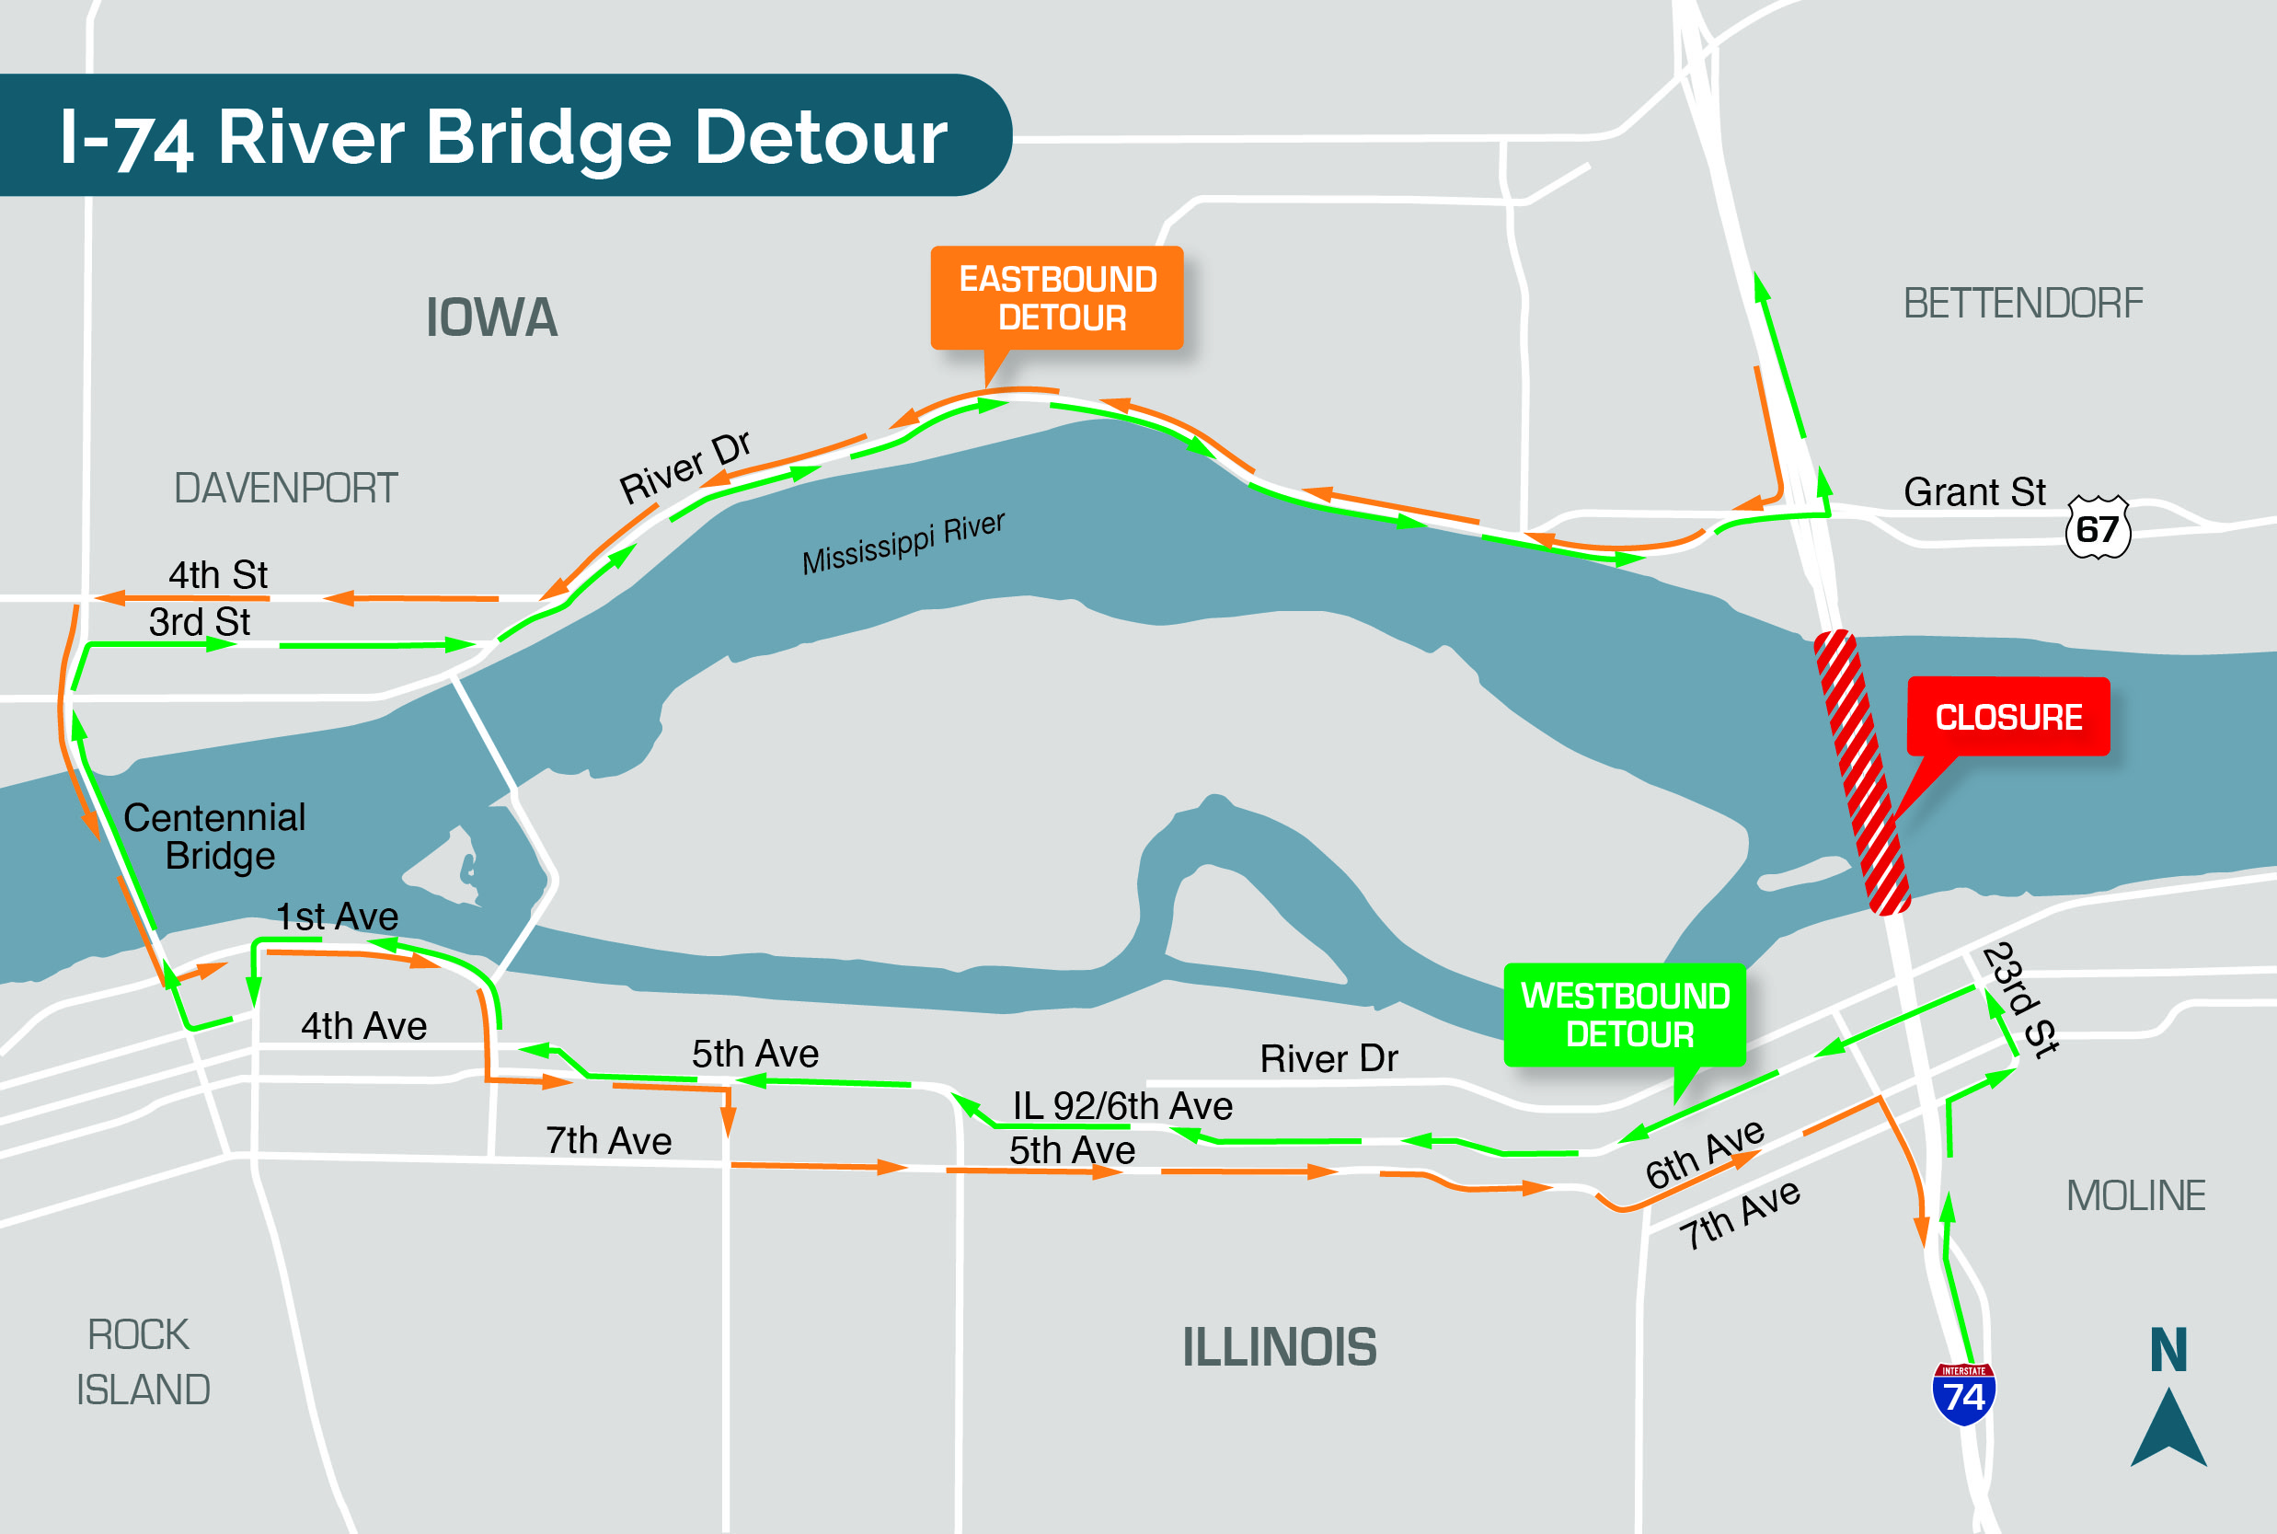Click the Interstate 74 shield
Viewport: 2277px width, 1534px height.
(1963, 1393)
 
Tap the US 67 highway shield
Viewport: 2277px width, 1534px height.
(2097, 528)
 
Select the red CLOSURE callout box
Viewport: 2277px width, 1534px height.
(2008, 717)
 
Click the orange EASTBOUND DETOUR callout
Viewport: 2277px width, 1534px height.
(1057, 298)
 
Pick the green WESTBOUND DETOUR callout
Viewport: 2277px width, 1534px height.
(1625, 1014)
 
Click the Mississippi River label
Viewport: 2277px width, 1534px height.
(903, 543)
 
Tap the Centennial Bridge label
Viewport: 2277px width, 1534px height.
(215, 836)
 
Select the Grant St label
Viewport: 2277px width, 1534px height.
(1973, 492)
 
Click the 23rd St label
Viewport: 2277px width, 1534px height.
(2020, 1000)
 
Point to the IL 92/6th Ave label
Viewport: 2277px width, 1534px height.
(1121, 1106)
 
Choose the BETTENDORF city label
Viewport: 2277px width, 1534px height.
(2023, 304)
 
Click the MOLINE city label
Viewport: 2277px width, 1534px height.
(2135, 1195)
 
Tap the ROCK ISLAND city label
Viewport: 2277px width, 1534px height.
(143, 1362)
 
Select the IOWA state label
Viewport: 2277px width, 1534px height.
(492, 318)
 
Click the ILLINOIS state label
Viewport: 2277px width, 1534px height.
(1280, 1347)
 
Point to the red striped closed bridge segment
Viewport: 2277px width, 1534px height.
(1862, 773)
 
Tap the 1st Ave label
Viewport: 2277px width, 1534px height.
(338, 917)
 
